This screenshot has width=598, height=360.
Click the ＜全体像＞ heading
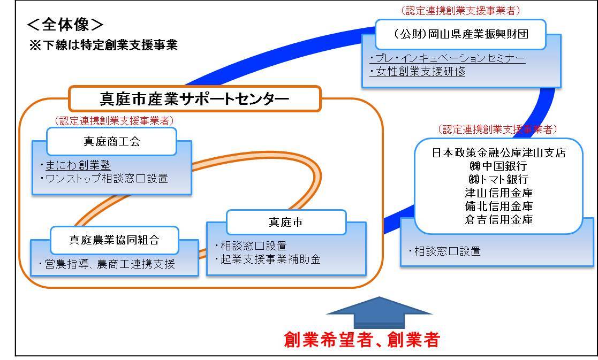65,25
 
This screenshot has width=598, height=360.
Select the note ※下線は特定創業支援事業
103,45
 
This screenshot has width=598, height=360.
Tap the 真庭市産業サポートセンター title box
194,98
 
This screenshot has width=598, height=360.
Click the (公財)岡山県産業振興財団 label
461,34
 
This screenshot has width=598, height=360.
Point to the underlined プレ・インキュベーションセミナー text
448,58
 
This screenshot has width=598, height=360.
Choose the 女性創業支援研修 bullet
418,72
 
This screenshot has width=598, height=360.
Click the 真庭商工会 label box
111,141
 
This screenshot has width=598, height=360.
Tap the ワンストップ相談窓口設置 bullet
104,178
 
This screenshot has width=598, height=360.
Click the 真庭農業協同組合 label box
115,240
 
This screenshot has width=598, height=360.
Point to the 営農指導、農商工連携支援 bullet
107,264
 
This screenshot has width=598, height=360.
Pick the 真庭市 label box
286,222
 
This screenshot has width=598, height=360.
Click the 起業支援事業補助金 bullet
267,259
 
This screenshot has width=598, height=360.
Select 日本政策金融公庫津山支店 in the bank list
499,153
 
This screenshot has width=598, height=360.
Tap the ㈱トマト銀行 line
498,179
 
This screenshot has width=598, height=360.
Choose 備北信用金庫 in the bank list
499,206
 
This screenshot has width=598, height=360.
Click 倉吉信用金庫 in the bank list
499,219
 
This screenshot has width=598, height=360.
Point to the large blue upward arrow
380,312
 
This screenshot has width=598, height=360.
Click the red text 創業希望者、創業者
362,340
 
